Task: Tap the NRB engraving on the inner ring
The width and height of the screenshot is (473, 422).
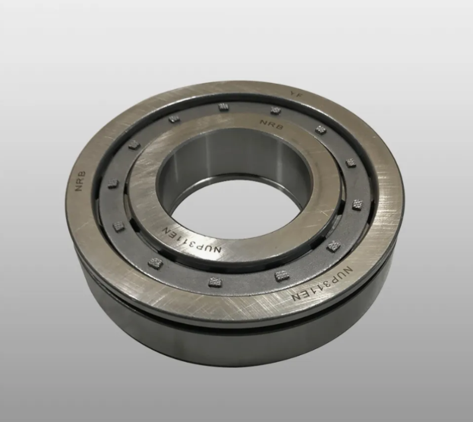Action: coord(272,125)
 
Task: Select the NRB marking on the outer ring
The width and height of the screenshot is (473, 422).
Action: coord(80,181)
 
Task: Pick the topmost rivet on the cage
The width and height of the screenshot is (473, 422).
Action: coord(223,106)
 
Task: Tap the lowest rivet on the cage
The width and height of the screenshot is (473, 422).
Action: coord(215,281)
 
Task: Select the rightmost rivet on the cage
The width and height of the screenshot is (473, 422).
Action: coord(357,204)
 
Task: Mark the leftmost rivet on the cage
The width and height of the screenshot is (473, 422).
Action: coord(113,183)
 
